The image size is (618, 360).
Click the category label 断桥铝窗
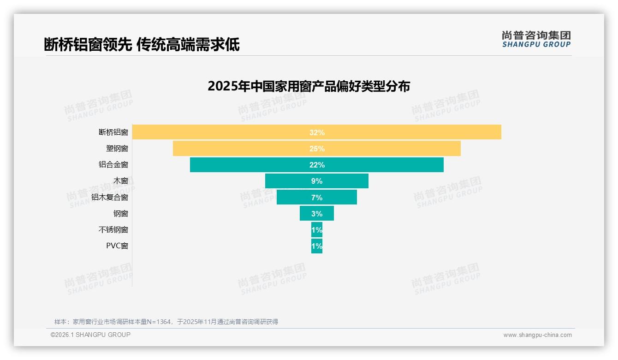click(x=113, y=132)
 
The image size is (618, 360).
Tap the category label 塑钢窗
click(x=117, y=149)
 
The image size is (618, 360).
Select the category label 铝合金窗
click(x=113, y=165)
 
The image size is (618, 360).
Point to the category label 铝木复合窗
click(x=110, y=198)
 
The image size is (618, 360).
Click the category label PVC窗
click(x=117, y=246)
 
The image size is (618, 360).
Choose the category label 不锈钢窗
click(x=113, y=230)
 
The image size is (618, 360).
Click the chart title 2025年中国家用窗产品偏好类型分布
click(x=309, y=86)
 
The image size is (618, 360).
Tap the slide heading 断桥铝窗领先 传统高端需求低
click(x=142, y=45)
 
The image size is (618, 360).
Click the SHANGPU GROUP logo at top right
click(x=536, y=39)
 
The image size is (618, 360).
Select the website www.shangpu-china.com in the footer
click(x=537, y=335)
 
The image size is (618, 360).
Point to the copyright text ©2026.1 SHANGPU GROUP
click(x=90, y=335)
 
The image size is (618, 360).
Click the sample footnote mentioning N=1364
click(x=166, y=322)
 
